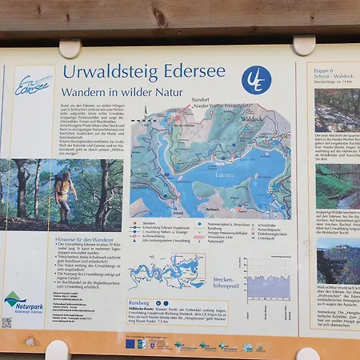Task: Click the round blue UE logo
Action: tap(256, 80)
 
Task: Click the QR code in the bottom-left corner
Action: tap(6, 323)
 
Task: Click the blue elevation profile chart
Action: tap(269, 283)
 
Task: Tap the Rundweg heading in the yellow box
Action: tap(138, 303)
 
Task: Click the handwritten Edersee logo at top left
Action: tap(32, 86)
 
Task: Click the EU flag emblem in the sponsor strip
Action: tap(130, 344)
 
